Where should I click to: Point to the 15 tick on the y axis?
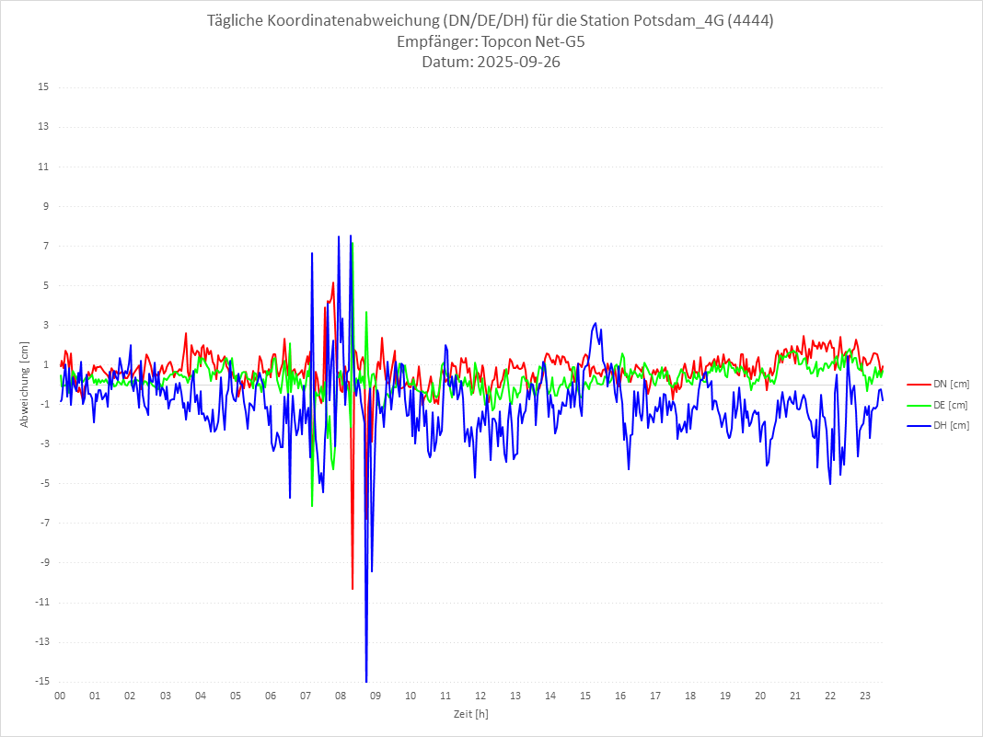coord(43,87)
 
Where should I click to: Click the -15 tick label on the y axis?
coord(41,681)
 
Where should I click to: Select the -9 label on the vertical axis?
coord(43,562)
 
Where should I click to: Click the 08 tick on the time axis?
coord(340,696)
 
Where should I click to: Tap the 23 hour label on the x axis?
coord(865,696)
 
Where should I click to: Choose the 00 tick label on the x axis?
coord(60,696)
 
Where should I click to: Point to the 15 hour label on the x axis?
coord(585,696)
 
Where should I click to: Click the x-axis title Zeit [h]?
coord(470,713)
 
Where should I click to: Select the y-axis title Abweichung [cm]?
coord(25,384)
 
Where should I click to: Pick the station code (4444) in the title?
coord(748,20)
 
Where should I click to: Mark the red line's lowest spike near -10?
coord(353,588)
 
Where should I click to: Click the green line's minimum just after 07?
coord(312,505)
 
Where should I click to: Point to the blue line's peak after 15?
coord(596,323)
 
